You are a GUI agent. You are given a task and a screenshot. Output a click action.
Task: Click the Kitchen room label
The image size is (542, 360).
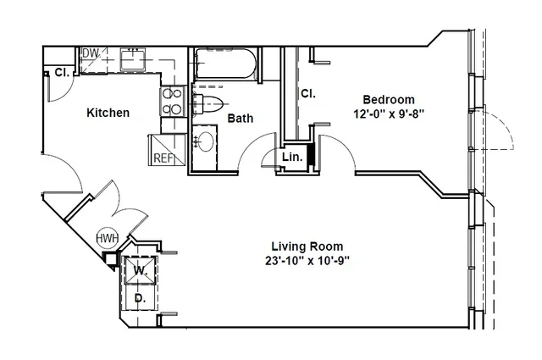click(x=108, y=113)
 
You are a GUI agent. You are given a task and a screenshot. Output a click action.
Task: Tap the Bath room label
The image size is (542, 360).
click(x=241, y=119)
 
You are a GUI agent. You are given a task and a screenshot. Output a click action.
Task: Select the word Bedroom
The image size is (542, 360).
click(x=389, y=100)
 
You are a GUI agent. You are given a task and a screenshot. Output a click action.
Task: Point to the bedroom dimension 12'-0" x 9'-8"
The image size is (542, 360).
click(x=389, y=114)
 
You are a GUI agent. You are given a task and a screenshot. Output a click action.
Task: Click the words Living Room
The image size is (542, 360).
click(x=307, y=246)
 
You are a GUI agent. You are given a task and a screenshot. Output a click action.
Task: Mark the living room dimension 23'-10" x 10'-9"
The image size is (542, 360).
click(x=307, y=260)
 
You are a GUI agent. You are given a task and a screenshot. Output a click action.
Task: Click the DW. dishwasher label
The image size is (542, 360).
click(x=91, y=53)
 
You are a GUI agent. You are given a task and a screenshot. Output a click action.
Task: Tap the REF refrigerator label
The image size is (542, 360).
click(x=163, y=158)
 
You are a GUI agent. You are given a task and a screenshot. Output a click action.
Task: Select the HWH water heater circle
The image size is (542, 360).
click(x=108, y=238)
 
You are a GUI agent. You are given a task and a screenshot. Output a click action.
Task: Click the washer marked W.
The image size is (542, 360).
click(x=140, y=270)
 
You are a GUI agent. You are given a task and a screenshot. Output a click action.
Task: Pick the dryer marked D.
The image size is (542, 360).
click(x=140, y=297)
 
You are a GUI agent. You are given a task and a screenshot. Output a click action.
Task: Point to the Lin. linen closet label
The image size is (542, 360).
click(x=292, y=157)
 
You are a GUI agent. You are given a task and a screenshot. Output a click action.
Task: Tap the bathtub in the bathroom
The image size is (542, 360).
click(x=225, y=64)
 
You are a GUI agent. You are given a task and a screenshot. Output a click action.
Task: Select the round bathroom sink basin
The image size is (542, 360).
click(x=205, y=141)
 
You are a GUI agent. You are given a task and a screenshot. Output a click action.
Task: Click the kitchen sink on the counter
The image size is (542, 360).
click(x=133, y=58)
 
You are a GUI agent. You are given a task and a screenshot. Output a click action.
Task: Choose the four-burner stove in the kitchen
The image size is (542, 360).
click(x=173, y=102)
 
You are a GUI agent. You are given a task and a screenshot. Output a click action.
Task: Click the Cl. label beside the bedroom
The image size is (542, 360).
click(x=308, y=93)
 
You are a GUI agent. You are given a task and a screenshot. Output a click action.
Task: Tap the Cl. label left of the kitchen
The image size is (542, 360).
click(x=62, y=73)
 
